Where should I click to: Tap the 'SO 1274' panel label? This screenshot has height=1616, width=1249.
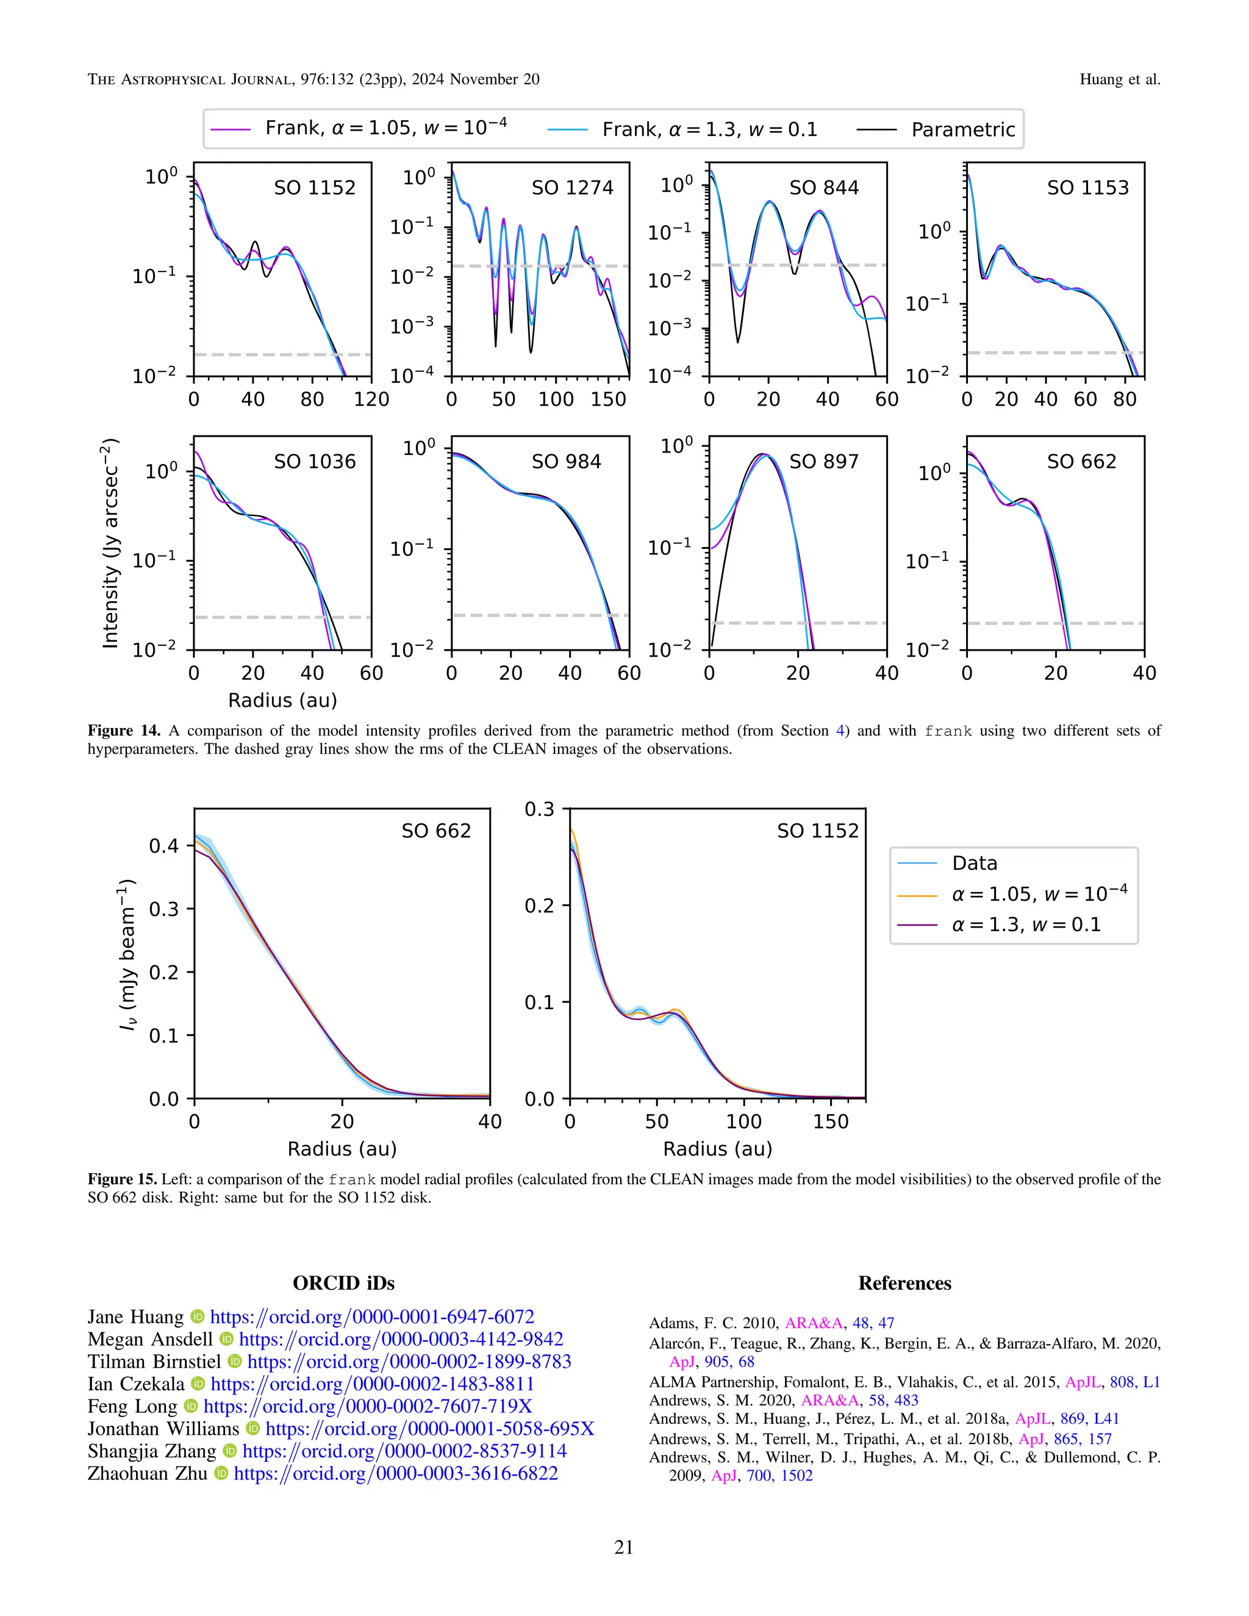click(572, 188)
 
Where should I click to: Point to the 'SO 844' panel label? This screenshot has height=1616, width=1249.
click(823, 188)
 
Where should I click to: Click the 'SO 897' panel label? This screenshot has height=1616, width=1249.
click(823, 462)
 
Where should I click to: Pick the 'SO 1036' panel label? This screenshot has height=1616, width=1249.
click(315, 462)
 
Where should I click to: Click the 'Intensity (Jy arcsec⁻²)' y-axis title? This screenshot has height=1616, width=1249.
click(110, 544)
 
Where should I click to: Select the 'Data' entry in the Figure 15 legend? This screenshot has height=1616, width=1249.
click(974, 863)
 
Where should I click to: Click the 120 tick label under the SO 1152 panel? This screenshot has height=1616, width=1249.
click(371, 399)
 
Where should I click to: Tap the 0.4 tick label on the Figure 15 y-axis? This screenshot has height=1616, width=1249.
click(163, 846)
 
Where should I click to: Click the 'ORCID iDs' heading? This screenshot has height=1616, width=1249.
click(343, 1283)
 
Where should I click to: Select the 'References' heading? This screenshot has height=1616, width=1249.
click(904, 1283)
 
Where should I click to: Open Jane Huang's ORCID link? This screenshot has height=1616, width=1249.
click(371, 1317)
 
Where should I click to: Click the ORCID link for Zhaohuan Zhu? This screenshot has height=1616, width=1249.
click(395, 1473)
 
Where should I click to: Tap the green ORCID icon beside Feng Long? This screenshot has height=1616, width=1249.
click(191, 1407)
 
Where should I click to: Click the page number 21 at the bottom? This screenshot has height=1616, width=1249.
click(624, 1547)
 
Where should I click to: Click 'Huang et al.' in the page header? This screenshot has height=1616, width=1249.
click(1120, 79)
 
